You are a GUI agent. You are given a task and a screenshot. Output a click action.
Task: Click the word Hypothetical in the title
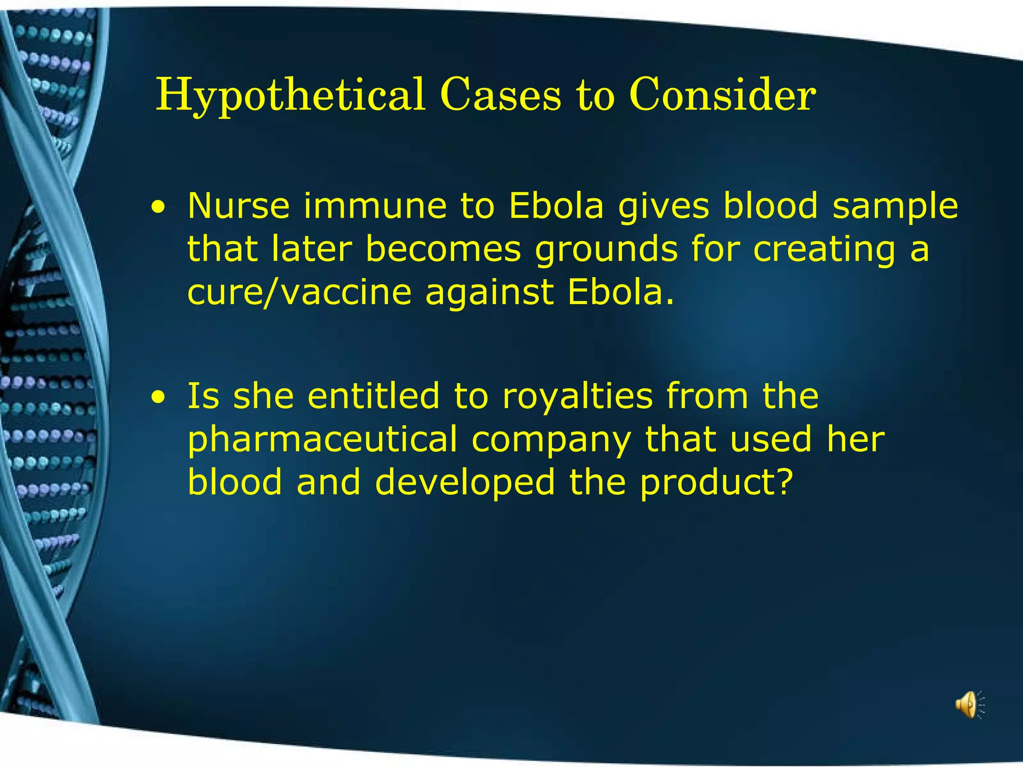tap(290, 96)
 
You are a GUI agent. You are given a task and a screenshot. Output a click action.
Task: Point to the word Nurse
tap(238, 205)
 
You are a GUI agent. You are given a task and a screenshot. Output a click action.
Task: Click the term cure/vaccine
tap(299, 292)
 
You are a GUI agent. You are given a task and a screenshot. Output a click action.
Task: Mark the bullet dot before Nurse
tap(158, 208)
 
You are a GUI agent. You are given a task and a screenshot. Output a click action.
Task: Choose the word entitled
tap(374, 395)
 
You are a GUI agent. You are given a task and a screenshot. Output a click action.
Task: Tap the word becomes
tap(444, 249)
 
